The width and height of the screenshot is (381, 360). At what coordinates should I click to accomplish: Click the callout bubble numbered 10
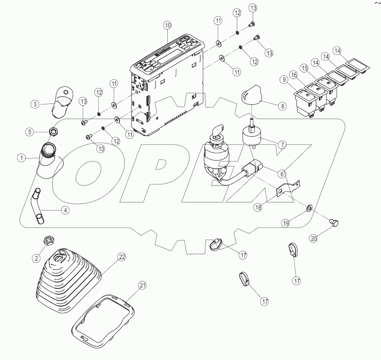167,25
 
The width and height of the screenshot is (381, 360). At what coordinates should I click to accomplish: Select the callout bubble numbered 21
142,286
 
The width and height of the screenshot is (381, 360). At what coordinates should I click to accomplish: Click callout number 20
314,238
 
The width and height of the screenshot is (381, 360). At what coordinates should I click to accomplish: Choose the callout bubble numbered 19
286,223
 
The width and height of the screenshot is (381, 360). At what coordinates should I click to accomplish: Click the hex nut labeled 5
52,131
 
